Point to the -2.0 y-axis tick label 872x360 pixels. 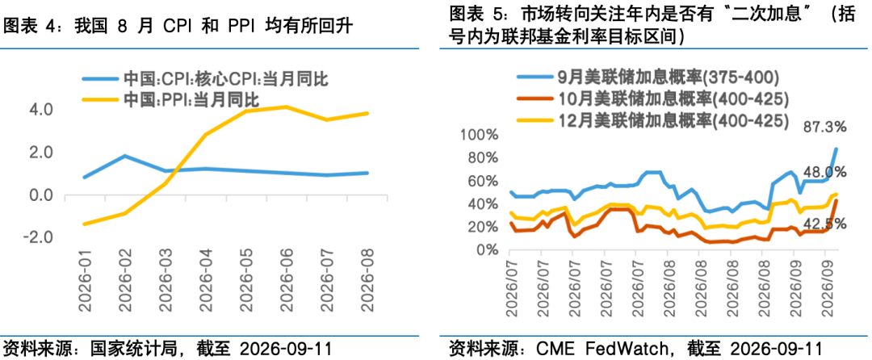click(x=39, y=238)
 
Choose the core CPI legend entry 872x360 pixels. click(x=205, y=79)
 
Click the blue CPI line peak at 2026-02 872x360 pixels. click(x=125, y=156)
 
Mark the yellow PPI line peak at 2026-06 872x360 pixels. click(x=286, y=107)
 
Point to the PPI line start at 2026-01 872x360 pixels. click(x=84, y=224)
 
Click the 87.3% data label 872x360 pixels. click(x=824, y=128)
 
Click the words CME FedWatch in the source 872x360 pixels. click(x=601, y=349)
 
